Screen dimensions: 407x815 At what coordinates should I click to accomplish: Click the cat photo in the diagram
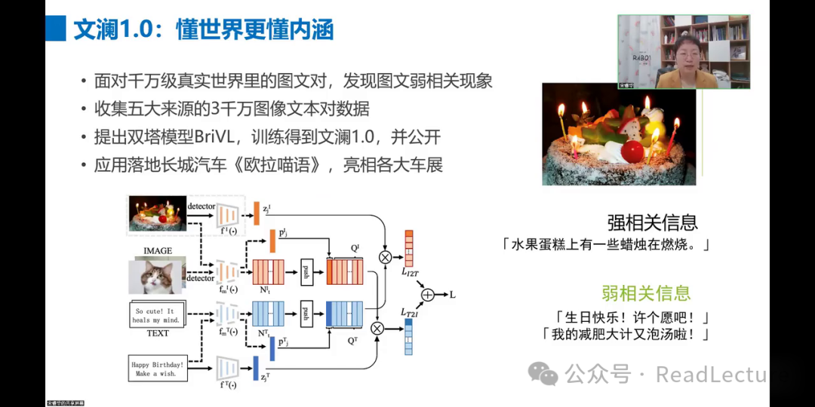[157, 277]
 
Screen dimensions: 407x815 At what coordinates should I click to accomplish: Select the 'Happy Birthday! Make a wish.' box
[158, 369]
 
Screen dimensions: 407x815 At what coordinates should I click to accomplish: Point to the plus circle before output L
[429, 295]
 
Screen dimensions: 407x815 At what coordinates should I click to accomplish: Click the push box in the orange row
[307, 271]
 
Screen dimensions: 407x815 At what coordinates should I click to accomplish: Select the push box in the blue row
[307, 313]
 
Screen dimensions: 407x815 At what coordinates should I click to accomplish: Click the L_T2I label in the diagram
[411, 311]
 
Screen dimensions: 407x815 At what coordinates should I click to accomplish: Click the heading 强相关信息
[652, 222]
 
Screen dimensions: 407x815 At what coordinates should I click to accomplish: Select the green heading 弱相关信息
[645, 293]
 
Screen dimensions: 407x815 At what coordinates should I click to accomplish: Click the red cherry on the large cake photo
[633, 151]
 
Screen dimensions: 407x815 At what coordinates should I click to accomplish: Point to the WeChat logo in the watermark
[543, 373]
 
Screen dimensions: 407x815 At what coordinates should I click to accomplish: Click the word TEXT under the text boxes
[157, 333]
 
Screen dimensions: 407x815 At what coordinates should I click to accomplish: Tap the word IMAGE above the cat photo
[157, 251]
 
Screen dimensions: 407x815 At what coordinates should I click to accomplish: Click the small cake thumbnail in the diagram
[157, 213]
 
